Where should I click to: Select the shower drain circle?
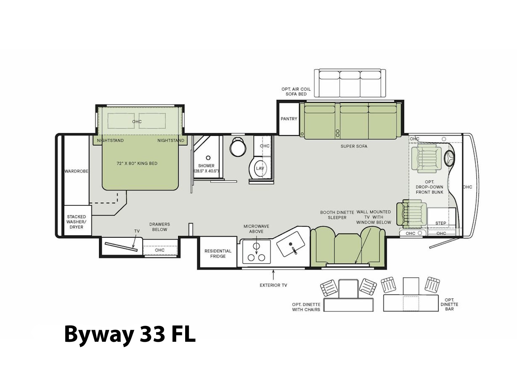tap(208, 157)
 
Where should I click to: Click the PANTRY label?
tap(289, 119)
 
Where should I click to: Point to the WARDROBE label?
tap(76, 171)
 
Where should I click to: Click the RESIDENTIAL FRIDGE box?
tap(218, 252)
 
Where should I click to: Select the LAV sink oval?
tap(260, 168)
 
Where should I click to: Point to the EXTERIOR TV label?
tap(273, 285)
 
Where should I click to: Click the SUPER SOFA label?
tap(353, 146)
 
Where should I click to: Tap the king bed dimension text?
tap(137, 163)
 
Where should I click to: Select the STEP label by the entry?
tap(440, 223)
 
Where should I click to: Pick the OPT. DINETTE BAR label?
tap(449, 304)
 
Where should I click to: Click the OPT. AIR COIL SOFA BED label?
tap(296, 92)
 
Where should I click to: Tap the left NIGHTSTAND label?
tap(110, 140)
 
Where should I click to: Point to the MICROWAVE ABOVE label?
tap(256, 229)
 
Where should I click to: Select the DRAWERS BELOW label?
tap(159, 227)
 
